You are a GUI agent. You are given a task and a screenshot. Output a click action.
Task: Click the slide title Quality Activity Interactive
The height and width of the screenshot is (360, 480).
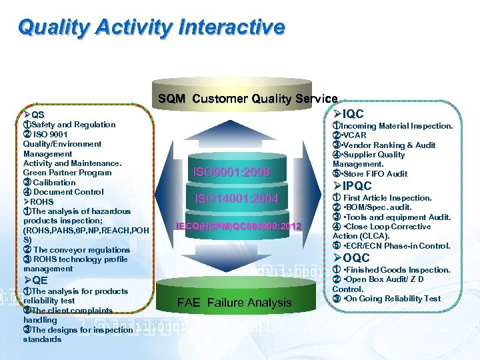pos(151,27)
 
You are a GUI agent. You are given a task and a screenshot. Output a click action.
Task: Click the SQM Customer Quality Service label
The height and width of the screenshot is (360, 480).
pos(247,99)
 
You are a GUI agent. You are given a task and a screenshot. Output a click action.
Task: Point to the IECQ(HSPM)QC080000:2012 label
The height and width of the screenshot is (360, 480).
pos(239,227)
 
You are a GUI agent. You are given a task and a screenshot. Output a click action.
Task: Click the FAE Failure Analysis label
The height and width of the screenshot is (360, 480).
pos(234,303)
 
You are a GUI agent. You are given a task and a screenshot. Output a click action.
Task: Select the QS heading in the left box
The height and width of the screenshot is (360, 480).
pos(33,115)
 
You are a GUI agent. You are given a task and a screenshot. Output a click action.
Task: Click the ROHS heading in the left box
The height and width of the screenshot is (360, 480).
pos(38,201)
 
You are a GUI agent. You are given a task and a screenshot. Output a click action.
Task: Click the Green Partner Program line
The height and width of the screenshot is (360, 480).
pos(67,173)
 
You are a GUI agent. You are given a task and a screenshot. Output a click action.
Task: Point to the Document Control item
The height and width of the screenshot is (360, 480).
pos(63,192)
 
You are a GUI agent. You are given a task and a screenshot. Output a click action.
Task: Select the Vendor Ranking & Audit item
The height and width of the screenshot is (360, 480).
pos(387,145)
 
